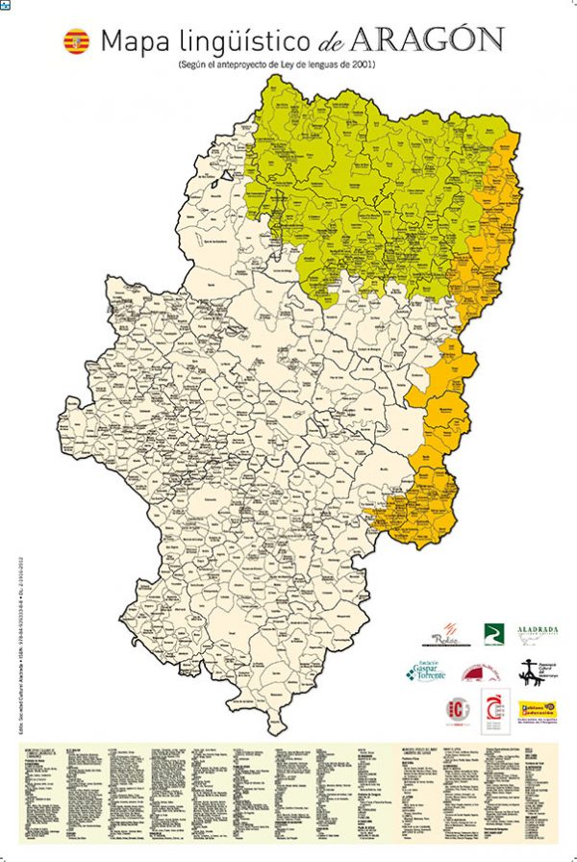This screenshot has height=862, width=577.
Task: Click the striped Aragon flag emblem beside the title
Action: (x=74, y=41)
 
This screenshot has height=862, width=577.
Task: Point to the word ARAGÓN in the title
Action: (x=427, y=40)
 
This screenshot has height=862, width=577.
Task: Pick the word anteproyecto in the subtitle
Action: (x=253, y=64)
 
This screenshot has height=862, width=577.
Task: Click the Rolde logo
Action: (x=444, y=634)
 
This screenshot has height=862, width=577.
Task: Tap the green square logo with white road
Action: (x=493, y=633)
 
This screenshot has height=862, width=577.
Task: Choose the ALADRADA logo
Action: (x=538, y=632)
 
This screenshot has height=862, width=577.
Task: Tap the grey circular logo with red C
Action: (x=458, y=711)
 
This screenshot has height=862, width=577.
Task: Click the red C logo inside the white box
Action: (x=495, y=711)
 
